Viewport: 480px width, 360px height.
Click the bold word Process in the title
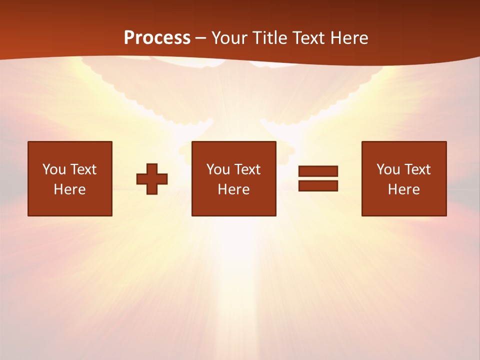157,38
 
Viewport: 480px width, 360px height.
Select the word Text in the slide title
307,38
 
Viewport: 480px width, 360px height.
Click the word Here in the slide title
348,38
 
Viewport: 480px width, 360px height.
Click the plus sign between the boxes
152,178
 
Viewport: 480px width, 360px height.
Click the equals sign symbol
318,178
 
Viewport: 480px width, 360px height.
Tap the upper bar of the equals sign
318,171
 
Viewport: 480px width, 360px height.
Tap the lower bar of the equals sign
318,185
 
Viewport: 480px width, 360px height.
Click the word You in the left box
54,169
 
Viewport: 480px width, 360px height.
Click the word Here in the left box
69,189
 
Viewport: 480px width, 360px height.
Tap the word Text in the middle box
247,169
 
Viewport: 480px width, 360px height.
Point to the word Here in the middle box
233,189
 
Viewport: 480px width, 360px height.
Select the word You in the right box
388,169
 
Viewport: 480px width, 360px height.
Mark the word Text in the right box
417,169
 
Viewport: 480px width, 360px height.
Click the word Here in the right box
403,189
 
